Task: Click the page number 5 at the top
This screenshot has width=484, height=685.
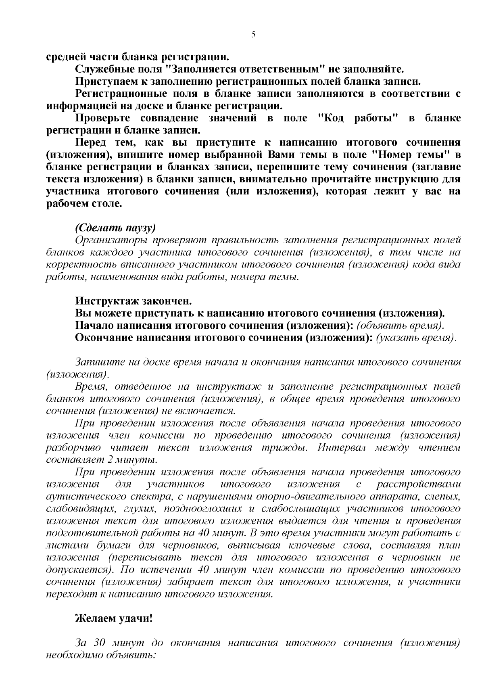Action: pyautogui.click(x=253, y=35)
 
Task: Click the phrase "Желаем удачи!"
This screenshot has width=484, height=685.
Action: pyautogui.click(x=114, y=618)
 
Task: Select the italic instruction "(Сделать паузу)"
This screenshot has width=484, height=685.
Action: pyautogui.click(x=115, y=228)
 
